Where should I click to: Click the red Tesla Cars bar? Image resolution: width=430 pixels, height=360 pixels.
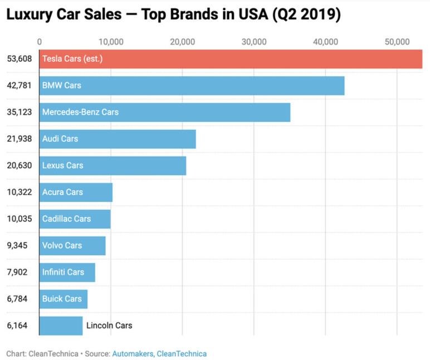[x=231, y=59]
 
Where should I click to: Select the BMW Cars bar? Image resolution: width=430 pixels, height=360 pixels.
[x=192, y=86]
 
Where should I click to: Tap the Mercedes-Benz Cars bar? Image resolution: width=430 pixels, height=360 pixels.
[x=165, y=112]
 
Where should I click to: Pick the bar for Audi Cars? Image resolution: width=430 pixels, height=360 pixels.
[x=118, y=139]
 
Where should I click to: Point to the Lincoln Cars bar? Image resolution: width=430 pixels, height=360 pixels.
[x=61, y=326]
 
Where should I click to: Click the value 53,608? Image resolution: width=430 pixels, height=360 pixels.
[x=18, y=59]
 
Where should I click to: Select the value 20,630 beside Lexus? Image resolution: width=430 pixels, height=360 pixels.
[x=18, y=166]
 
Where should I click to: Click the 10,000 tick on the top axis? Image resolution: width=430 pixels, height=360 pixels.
[x=111, y=42]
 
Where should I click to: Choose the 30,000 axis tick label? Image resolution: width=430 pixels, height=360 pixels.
[x=254, y=42]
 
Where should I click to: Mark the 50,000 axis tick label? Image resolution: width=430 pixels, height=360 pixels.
[x=397, y=42]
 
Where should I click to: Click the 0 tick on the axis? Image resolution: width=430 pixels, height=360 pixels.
[x=39, y=42]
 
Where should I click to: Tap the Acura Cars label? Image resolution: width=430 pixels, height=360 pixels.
[x=62, y=193]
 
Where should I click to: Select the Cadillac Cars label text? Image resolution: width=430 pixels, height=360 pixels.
[x=66, y=219]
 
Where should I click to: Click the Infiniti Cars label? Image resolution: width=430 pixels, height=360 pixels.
[x=63, y=272]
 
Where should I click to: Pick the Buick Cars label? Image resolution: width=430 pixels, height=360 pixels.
[x=62, y=299]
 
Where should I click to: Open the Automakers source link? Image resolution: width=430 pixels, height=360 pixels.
[x=133, y=353]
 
